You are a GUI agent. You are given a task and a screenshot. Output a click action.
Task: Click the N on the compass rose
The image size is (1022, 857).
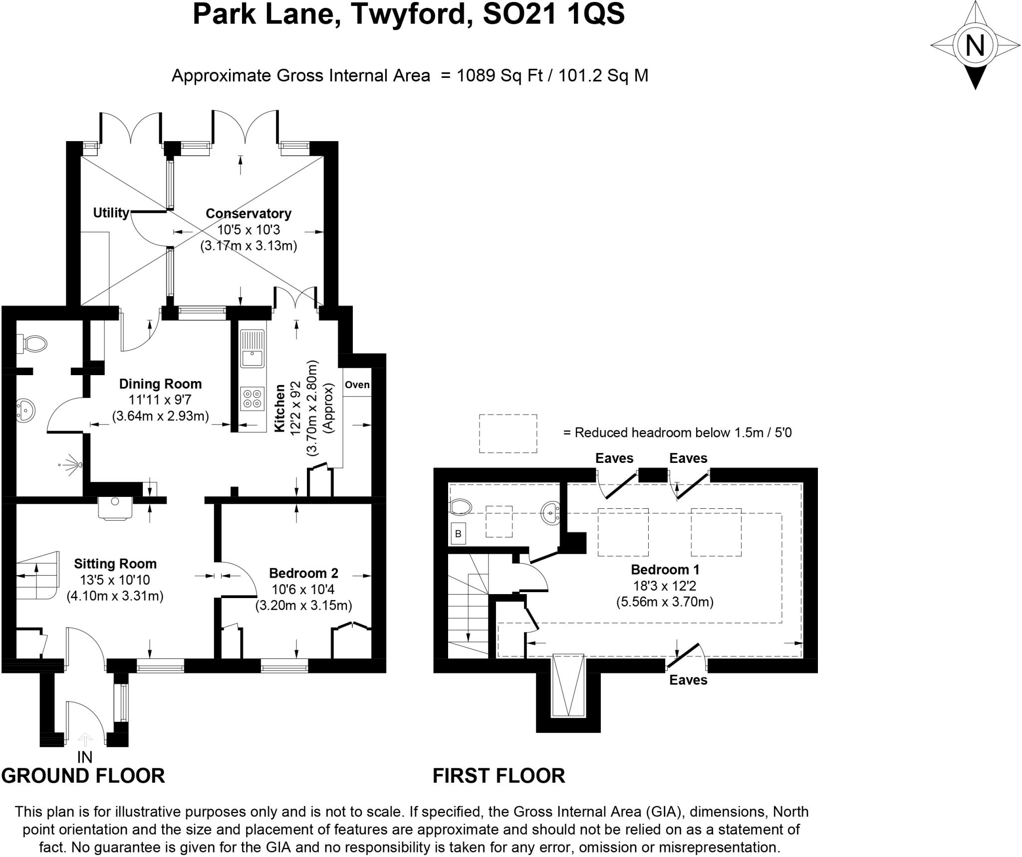(975, 45)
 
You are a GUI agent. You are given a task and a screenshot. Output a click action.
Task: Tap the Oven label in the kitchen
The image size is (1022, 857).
(357, 385)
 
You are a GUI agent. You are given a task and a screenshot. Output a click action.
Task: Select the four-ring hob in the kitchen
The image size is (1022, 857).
(252, 398)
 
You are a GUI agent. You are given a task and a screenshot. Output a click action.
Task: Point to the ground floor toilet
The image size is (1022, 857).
(33, 343)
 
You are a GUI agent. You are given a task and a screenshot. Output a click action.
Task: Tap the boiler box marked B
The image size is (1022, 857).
(458, 534)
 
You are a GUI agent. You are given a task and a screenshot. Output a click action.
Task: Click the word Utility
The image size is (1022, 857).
(111, 213)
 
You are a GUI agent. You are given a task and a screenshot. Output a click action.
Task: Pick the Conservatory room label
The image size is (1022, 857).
(249, 214)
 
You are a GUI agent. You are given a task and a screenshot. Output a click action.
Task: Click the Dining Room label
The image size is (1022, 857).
(160, 384)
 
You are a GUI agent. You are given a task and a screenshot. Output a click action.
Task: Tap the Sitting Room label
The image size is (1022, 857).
(115, 564)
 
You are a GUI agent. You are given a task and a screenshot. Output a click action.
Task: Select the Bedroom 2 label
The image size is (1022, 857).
(303, 573)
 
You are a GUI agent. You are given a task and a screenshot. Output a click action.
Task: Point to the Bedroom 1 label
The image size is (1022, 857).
(665, 569)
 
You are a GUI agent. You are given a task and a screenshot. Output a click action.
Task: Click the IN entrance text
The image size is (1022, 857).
(85, 757)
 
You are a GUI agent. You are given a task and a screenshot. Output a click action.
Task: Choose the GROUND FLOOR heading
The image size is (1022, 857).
(83, 776)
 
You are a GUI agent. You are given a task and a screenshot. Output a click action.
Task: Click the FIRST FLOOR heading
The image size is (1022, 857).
(499, 776)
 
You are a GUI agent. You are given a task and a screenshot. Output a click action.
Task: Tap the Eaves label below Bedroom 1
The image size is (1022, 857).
(688, 680)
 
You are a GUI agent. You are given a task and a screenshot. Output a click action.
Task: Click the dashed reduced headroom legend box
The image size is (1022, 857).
(508, 433)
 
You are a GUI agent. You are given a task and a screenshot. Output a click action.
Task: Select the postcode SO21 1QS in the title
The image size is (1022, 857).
(554, 14)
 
